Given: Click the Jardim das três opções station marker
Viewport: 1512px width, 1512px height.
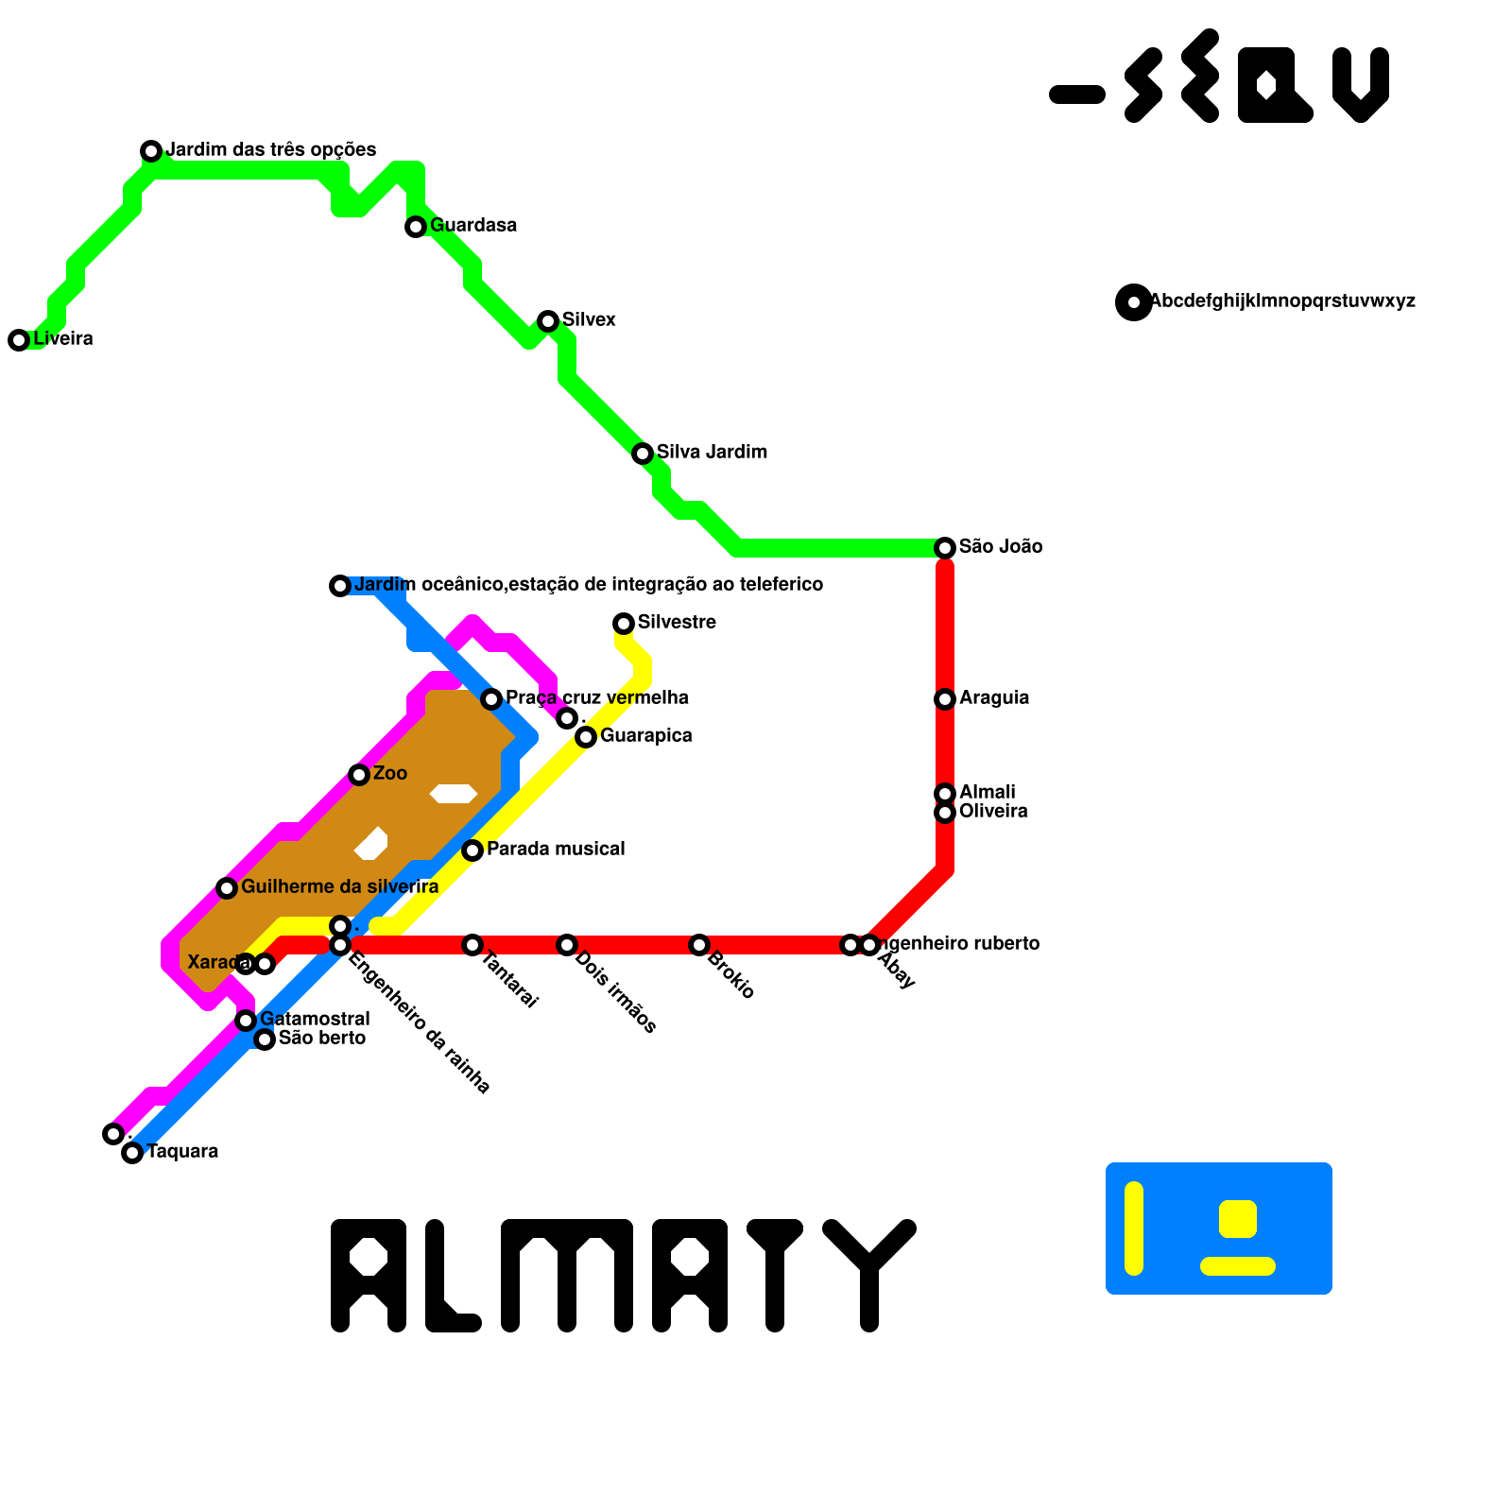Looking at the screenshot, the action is (x=151, y=151).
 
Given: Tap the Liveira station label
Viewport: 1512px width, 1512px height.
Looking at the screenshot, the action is (x=63, y=339).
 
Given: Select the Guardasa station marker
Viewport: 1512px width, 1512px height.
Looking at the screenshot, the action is (x=416, y=227).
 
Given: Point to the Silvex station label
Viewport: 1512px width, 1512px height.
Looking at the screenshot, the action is (x=589, y=320).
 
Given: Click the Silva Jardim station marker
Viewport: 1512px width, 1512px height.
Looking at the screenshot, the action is (x=643, y=454).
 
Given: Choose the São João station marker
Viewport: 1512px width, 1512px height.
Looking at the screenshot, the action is (x=945, y=548).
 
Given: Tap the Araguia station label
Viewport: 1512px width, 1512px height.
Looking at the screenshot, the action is (x=994, y=698).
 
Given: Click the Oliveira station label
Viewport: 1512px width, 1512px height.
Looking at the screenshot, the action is (x=993, y=812).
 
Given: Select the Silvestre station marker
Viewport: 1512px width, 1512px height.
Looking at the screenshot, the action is (x=624, y=624).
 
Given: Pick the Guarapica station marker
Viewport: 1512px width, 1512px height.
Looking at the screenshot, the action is (x=586, y=737).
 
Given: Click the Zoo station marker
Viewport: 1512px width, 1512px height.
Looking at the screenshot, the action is (x=359, y=775).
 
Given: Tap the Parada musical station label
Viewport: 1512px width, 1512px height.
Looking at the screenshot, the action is (x=556, y=850).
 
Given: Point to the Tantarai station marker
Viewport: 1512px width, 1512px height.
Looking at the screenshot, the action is (x=472, y=945).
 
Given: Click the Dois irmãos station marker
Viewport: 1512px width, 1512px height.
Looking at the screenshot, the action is (x=567, y=945).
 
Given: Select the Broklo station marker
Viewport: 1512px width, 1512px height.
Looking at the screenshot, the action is (x=699, y=945).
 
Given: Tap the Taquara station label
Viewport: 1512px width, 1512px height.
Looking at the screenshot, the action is (x=182, y=1152).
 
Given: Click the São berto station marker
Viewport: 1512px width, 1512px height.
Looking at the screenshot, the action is (x=265, y=1039).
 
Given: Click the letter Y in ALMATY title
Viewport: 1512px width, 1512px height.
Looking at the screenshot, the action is (x=869, y=1271).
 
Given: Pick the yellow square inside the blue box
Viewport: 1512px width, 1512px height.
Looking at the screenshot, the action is (x=1238, y=1218).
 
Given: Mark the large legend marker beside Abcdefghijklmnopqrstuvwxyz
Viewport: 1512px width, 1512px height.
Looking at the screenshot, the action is (x=1134, y=302).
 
